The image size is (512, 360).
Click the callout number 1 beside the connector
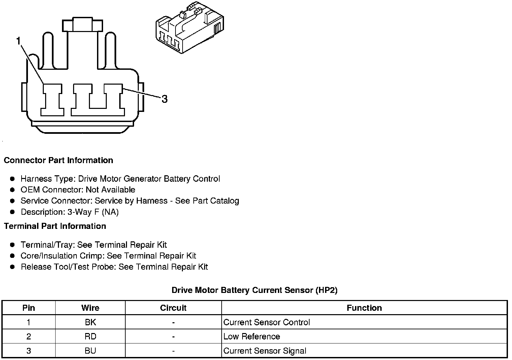click(x=19, y=41)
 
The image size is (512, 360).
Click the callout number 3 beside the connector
click(x=164, y=99)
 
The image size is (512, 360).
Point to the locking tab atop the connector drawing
click(x=82, y=25)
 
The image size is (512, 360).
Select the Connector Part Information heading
click(x=58, y=160)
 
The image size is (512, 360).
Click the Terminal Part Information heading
click(x=55, y=226)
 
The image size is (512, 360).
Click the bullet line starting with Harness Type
click(x=120, y=179)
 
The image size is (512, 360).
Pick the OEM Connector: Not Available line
click(x=78, y=190)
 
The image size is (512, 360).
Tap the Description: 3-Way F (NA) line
click(x=70, y=212)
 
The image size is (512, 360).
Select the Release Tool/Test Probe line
click(x=114, y=267)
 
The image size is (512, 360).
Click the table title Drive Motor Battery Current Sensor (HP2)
click(x=254, y=290)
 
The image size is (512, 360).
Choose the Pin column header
click(x=29, y=308)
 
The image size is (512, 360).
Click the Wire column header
click(x=90, y=308)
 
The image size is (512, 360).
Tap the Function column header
click(x=364, y=308)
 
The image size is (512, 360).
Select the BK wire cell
click(x=90, y=322)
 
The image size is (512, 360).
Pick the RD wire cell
click(x=90, y=336)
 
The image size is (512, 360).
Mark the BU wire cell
click(x=90, y=351)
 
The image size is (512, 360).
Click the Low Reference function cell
click(x=252, y=336)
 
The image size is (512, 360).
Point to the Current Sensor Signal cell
click(x=265, y=351)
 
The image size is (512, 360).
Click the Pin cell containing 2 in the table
click(x=29, y=336)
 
